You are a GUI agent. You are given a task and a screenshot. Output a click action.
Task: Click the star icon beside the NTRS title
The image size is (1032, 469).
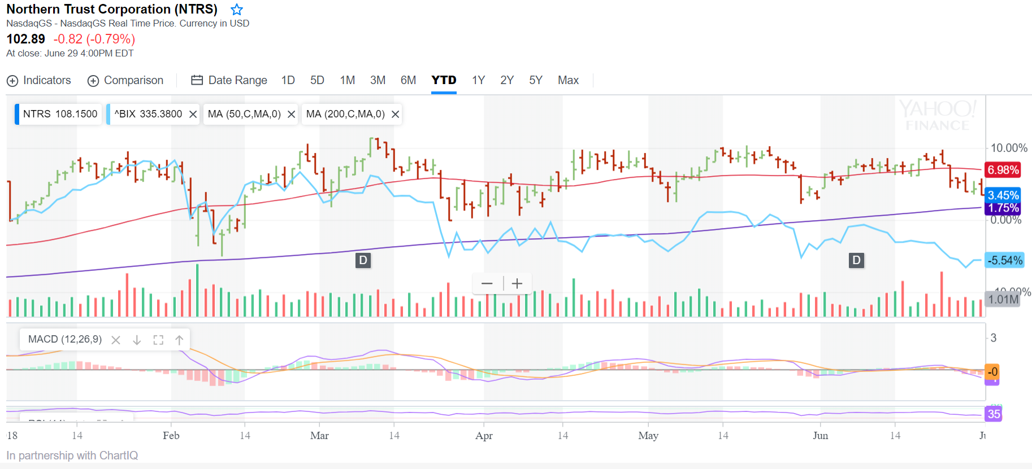(x=237, y=10)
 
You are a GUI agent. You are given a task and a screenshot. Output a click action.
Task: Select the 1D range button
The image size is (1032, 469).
(x=288, y=80)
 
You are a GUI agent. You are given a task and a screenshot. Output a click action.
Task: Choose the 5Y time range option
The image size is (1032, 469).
(x=536, y=80)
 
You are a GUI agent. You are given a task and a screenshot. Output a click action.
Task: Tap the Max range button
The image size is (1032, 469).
(x=568, y=80)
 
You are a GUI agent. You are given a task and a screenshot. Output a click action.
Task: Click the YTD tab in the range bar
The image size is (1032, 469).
(x=444, y=80)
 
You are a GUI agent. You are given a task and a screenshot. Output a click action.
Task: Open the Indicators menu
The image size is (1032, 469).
(x=39, y=80)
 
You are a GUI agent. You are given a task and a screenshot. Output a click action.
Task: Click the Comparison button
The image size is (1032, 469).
(x=125, y=80)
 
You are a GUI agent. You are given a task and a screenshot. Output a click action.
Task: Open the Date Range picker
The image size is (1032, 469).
(x=229, y=80)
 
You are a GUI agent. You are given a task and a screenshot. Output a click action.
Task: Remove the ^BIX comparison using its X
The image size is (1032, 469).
(x=193, y=114)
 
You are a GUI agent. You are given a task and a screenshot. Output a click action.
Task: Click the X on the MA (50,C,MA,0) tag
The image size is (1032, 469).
(x=291, y=114)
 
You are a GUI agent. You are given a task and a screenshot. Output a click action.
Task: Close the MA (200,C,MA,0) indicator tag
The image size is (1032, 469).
(x=396, y=114)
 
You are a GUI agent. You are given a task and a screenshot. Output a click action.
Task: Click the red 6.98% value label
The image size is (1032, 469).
(x=1003, y=170)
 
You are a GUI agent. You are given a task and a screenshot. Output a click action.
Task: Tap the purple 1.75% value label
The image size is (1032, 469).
(x=1004, y=208)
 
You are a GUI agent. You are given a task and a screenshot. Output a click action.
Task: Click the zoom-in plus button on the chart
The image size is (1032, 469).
(x=517, y=283)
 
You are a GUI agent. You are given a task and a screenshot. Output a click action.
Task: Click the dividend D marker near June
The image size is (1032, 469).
(x=857, y=260)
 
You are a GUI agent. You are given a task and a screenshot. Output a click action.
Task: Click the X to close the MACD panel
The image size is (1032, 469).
(x=116, y=340)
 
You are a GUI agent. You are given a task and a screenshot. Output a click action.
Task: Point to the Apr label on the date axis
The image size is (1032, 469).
(x=484, y=436)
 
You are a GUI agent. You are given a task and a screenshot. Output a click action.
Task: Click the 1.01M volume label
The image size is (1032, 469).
(x=1003, y=299)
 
